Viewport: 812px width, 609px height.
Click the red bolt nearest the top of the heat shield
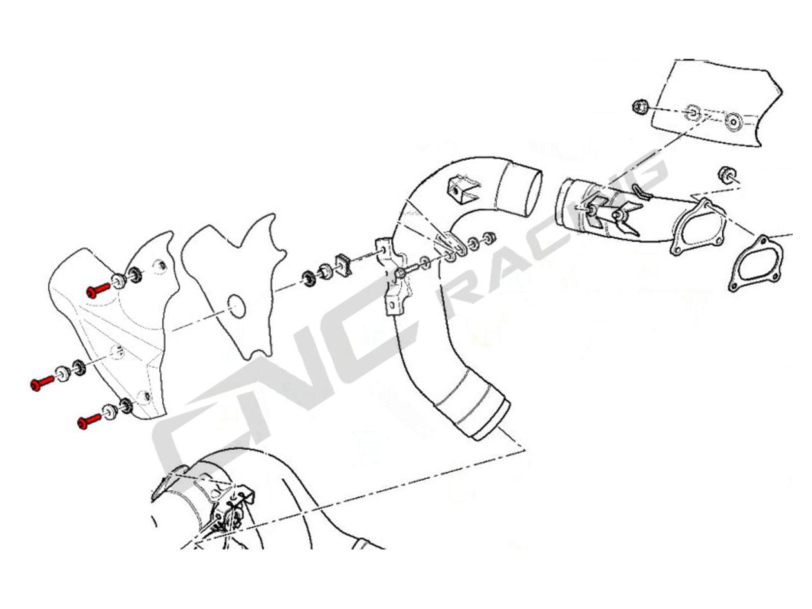tap(98, 290)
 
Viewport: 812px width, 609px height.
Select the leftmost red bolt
tap(42, 383)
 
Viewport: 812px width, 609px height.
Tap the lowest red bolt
tap(89, 421)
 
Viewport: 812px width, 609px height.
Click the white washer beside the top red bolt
tap(119, 281)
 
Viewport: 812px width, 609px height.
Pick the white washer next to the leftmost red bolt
tap(63, 374)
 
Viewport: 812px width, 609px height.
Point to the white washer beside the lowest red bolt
tap(110, 412)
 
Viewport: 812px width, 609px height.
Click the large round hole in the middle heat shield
tap(237, 305)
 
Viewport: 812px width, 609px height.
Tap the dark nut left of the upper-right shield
tap(640, 106)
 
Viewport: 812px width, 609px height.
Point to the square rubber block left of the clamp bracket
tap(343, 265)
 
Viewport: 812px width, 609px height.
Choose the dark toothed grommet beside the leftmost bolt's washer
tap(79, 367)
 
